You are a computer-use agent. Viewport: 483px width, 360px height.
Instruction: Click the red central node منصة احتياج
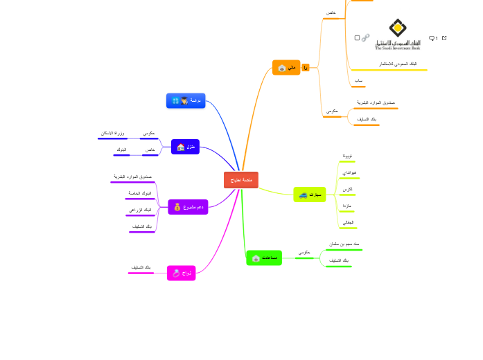coord(240,180)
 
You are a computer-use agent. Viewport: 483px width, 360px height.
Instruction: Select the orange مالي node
coord(286,68)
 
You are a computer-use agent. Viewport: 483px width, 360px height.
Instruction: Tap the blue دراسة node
coord(186,101)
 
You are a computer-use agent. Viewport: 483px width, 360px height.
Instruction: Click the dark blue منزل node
coord(185,147)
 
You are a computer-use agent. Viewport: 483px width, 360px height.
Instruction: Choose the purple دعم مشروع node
coord(188,207)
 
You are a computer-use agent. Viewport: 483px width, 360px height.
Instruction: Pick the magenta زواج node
coord(182,273)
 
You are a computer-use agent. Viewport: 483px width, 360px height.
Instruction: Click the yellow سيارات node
coord(309,195)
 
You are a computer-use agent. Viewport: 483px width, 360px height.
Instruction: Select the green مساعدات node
coord(264,258)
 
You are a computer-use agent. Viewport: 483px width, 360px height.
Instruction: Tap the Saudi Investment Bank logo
coord(398,35)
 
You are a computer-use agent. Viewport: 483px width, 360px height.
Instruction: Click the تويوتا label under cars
coord(348,156)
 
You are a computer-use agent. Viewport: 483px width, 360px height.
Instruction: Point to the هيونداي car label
coord(349,172)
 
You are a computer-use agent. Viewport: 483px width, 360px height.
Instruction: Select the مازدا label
coord(346,206)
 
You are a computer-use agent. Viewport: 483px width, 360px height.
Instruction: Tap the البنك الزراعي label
coord(141,209)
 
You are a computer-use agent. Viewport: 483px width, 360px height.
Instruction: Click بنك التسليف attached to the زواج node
coord(141,267)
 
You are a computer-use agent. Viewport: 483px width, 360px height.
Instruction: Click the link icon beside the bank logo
coord(366,37)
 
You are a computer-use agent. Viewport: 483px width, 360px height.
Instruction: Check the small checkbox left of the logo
coord(357,38)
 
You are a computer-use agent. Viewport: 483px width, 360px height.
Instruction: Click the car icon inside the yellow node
coord(304,196)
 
